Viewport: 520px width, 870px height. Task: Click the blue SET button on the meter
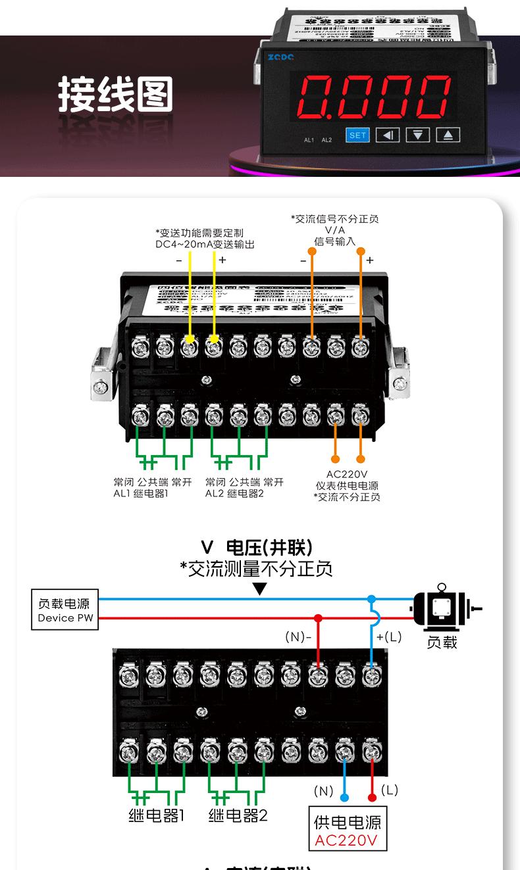pos(357,135)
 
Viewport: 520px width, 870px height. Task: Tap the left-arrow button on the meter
pos(387,135)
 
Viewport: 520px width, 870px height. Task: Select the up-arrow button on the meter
pos(448,135)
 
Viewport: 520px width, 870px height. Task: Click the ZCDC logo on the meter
pos(281,57)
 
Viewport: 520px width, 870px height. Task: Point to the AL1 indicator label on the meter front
pos(309,140)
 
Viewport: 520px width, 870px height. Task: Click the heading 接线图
pos(115,94)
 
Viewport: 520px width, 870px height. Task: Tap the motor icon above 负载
pos(442,608)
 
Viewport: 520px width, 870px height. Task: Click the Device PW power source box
pos(65,610)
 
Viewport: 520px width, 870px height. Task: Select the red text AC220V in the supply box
pos(346,840)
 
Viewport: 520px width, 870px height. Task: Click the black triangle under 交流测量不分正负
pos(260,589)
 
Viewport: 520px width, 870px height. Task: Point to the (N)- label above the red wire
pos(298,637)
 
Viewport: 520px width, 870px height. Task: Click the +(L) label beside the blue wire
pos(388,637)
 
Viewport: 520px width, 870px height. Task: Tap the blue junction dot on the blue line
pos(372,599)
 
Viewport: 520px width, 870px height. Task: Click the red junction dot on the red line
pos(318,618)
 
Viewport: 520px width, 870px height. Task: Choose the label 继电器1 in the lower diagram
pos(156,816)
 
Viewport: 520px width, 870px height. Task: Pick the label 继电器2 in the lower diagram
pos(238,816)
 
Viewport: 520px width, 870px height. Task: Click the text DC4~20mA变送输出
pos(205,244)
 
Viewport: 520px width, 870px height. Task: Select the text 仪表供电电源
pos(347,486)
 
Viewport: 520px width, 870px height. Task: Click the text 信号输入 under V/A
pos(335,241)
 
